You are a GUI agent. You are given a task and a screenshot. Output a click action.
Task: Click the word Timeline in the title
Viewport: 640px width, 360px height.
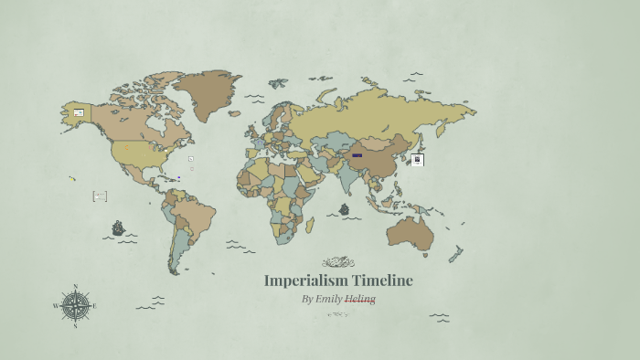coord(382,281)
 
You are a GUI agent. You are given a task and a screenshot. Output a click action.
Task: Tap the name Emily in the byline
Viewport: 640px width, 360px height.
coord(327,299)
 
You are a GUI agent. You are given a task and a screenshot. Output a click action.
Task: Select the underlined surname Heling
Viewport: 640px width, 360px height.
coord(360,299)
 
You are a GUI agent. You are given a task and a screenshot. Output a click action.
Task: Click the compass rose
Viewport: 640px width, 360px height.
coord(75,305)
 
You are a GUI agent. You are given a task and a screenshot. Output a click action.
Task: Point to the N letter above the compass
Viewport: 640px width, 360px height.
coord(75,286)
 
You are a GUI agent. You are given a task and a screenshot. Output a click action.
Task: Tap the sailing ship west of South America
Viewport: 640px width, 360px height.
coord(118,228)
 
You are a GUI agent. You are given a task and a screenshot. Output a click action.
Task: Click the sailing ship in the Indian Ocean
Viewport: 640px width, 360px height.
coord(344,209)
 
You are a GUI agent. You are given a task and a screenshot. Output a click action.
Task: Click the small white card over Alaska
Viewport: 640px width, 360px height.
coord(79,113)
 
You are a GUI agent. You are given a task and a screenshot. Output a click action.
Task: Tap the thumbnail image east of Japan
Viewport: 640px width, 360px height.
coord(417,160)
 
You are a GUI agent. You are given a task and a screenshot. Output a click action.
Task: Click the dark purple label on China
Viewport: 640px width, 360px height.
coord(357,155)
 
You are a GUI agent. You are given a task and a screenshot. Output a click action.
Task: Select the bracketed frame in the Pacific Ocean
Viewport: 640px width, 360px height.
coord(100,196)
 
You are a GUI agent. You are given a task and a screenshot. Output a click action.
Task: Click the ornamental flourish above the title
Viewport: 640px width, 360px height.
coord(338,262)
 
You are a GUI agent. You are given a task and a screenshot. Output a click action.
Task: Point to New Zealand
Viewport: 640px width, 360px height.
coord(454,254)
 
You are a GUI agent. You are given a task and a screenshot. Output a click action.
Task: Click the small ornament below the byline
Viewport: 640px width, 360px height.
coord(338,314)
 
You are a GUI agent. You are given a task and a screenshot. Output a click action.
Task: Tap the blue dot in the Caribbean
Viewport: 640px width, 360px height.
coord(179,178)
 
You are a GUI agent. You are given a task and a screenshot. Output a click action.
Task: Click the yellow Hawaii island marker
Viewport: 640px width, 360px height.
coord(72,179)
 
